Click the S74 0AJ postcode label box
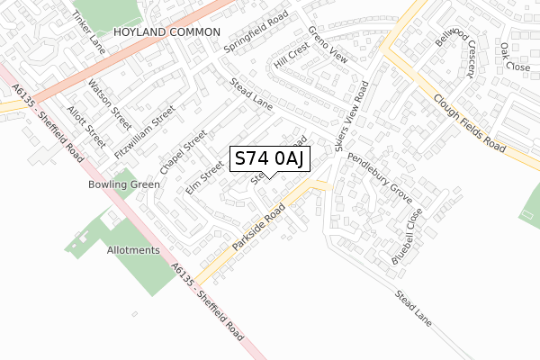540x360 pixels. [271, 158]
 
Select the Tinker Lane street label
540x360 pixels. [89, 31]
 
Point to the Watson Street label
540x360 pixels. [109, 103]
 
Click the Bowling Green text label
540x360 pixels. [123, 184]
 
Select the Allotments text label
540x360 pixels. [133, 250]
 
